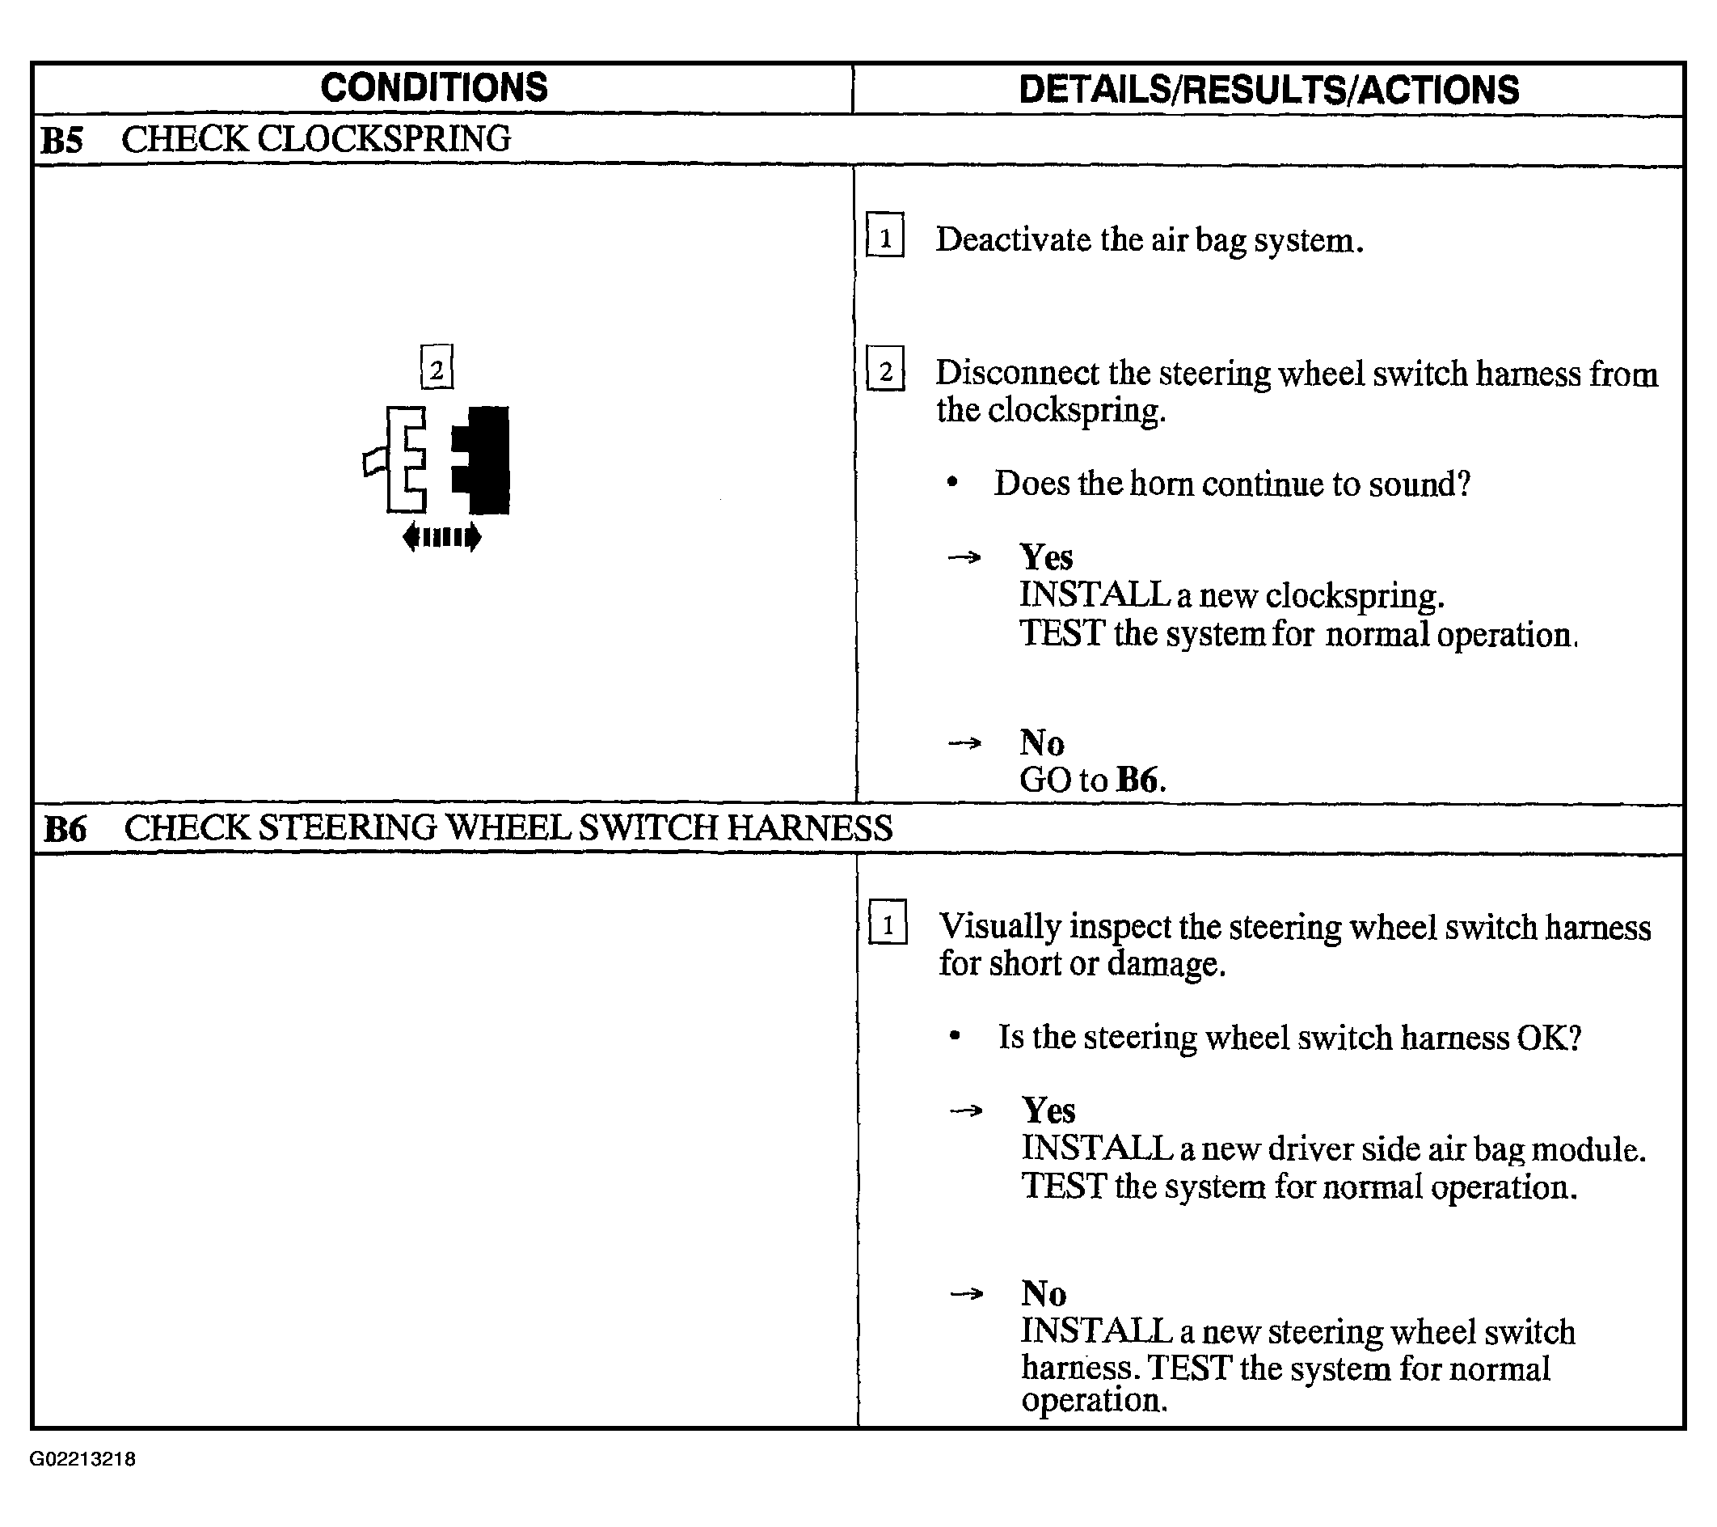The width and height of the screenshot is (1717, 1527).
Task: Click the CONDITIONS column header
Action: point(433,87)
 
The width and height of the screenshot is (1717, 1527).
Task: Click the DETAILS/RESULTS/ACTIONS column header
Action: point(1268,90)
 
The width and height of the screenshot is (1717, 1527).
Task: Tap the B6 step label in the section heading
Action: point(65,829)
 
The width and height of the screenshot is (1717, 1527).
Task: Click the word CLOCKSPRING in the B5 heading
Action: point(384,138)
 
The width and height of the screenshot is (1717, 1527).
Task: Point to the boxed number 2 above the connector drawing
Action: point(437,367)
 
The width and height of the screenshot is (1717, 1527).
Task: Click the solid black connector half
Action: point(480,459)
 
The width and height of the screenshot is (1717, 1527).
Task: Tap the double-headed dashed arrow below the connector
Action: point(442,537)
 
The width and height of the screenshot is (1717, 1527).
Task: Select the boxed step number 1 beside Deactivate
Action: point(885,235)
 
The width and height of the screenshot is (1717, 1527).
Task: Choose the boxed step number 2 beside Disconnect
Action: point(885,369)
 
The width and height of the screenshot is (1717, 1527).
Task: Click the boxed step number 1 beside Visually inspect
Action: point(888,922)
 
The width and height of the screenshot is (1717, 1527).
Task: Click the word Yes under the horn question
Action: point(1046,557)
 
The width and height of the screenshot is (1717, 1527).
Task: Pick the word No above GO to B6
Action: point(1042,743)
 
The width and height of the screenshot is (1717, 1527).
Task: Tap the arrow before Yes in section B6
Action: point(966,1111)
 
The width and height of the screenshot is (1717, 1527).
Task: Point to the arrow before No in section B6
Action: point(966,1293)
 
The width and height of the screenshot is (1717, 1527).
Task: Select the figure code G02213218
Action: point(82,1459)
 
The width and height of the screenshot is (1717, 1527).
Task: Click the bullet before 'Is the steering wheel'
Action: point(954,1036)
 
